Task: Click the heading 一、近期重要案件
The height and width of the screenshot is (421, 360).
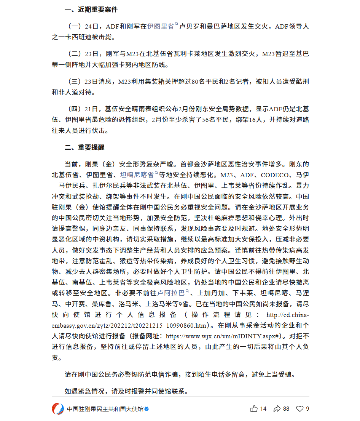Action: (91, 10)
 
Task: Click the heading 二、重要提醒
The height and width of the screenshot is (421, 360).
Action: (84, 147)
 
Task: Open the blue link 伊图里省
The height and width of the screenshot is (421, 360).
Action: (161, 26)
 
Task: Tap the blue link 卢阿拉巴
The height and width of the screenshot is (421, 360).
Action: (171, 293)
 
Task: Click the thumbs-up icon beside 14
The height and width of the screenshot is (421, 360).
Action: (254, 409)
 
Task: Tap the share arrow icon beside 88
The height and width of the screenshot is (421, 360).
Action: (277, 409)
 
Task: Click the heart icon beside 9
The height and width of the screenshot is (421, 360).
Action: (300, 409)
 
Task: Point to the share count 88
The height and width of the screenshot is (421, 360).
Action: (286, 409)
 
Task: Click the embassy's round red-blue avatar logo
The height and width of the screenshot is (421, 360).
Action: (58, 409)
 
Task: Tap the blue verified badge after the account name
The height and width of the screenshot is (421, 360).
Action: (147, 409)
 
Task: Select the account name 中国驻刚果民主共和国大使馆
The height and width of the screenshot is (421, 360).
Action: (105, 409)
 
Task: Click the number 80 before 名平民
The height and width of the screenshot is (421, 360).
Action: (196, 82)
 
